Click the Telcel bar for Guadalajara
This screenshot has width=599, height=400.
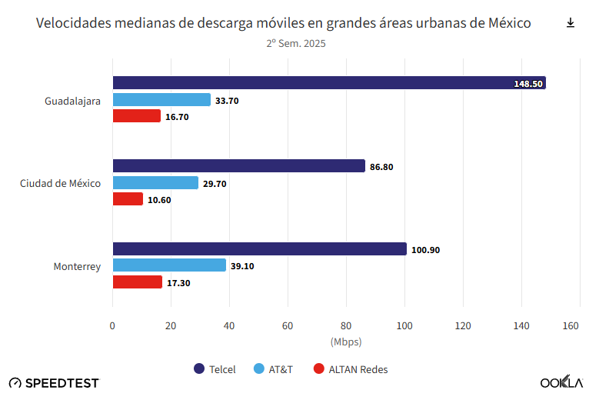click(x=328, y=83)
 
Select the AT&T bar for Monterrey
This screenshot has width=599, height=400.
click(x=169, y=265)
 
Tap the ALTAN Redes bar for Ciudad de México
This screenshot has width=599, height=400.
click(x=128, y=199)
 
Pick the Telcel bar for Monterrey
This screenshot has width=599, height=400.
click(x=259, y=249)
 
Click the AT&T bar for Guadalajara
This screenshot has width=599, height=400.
click(x=161, y=100)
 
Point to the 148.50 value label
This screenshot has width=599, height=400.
click(x=528, y=84)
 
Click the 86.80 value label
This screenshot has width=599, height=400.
click(x=381, y=167)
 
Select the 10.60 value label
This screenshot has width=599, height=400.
click(x=159, y=200)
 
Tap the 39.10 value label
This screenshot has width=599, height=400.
click(x=242, y=266)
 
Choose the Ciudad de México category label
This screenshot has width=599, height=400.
click(x=60, y=183)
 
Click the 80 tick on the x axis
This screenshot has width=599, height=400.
click(x=345, y=326)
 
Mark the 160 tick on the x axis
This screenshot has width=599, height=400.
click(x=571, y=326)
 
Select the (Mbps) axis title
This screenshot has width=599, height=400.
click(x=345, y=342)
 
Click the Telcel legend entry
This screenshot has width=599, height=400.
click(x=215, y=369)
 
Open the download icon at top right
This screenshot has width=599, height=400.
click(x=571, y=23)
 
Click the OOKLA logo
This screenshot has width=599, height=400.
click(x=561, y=383)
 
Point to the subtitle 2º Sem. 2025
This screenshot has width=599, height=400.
click(x=296, y=44)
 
